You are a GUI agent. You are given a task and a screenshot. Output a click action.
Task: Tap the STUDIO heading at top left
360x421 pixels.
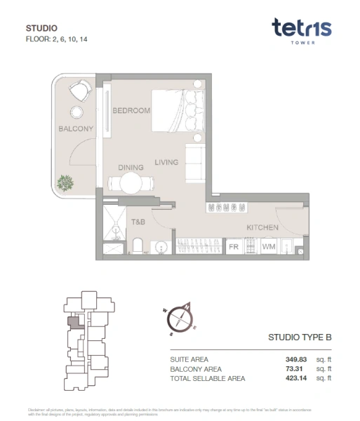coord(41,28)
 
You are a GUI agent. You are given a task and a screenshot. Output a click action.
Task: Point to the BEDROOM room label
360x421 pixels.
coord(131,111)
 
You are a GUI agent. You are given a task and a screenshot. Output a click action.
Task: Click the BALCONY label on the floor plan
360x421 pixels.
coord(76,129)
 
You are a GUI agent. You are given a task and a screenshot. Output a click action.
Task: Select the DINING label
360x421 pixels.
coord(131,168)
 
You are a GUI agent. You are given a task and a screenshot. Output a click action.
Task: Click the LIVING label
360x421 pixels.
coord(166,163)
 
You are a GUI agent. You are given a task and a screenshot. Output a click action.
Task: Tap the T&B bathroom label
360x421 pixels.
coord(138,222)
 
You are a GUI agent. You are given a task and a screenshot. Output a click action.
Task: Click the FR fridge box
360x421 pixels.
coord(233,247)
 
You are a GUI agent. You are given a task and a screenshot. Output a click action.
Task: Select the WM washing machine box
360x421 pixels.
coord(268,247)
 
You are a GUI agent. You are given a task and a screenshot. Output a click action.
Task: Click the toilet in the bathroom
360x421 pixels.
coord(138,246)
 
